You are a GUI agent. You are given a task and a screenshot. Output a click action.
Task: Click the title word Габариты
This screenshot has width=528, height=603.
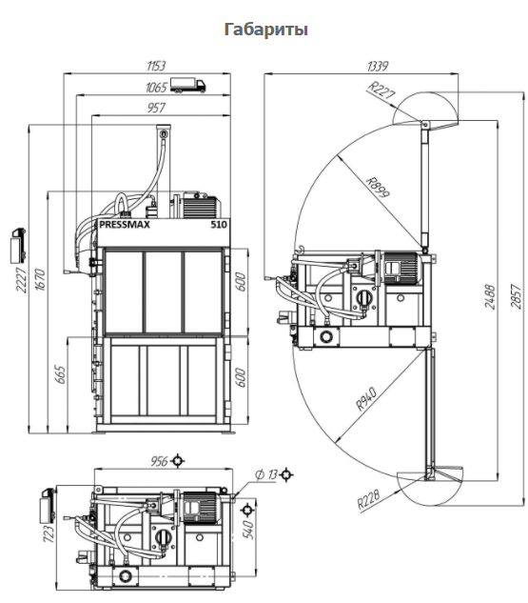(x=265, y=30)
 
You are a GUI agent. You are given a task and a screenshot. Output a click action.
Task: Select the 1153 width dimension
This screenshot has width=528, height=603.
(x=155, y=66)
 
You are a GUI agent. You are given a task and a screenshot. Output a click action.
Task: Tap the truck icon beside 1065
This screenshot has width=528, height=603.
(x=187, y=85)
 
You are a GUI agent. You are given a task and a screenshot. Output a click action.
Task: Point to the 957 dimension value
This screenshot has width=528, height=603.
(x=156, y=108)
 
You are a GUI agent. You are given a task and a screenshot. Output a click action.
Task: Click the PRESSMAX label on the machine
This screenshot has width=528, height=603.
(x=125, y=225)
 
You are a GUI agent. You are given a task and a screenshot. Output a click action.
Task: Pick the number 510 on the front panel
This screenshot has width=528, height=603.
(x=219, y=225)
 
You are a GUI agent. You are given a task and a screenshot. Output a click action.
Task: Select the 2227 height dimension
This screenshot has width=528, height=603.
(x=21, y=279)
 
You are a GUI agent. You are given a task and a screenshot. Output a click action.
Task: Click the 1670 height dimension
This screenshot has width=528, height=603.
(x=40, y=279)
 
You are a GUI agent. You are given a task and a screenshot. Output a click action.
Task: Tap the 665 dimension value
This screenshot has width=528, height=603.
(x=60, y=374)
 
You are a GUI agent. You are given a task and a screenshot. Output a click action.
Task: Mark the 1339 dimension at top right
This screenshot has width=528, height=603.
(x=378, y=66)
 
